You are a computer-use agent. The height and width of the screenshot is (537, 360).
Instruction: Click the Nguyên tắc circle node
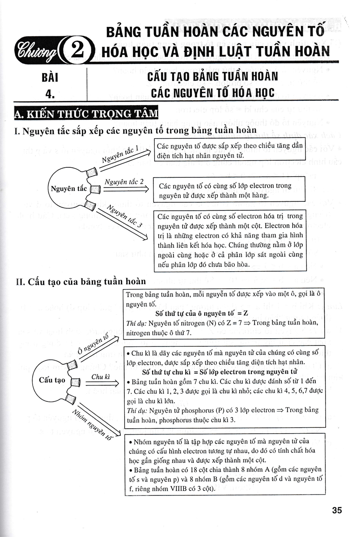coord(69,189)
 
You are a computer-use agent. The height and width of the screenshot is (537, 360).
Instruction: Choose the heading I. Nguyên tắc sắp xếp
coord(135,130)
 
